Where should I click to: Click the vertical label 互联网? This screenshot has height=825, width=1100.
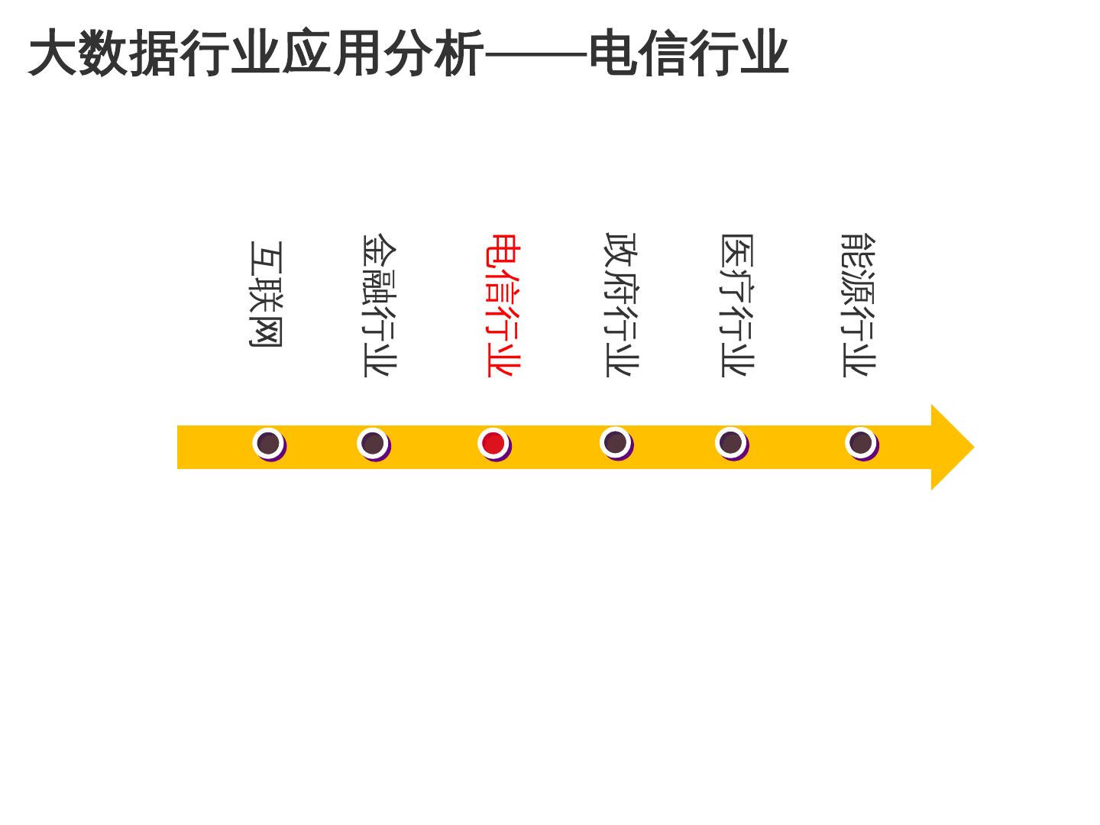click(x=266, y=294)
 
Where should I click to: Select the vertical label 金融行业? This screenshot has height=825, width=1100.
click(x=379, y=305)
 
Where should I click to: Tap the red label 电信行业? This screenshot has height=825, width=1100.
click(x=503, y=305)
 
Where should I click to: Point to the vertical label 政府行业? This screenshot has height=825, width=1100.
click(x=621, y=305)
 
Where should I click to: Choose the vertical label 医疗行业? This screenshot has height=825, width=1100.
click(x=737, y=305)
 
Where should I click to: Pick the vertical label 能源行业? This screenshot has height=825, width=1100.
click(x=858, y=305)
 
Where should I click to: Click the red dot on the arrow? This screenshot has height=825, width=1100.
click(x=493, y=443)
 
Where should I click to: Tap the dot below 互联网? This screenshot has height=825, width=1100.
click(x=268, y=443)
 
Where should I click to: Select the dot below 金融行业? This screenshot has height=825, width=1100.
click(x=373, y=443)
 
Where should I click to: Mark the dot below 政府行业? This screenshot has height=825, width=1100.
click(x=616, y=442)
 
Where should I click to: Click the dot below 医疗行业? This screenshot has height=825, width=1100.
click(x=731, y=442)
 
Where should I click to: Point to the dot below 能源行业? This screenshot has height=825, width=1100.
click(x=861, y=443)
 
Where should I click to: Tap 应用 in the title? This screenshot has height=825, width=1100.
click(x=332, y=53)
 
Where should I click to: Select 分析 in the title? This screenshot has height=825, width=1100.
click(x=433, y=53)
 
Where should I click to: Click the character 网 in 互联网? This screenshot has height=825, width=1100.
click(x=266, y=331)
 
